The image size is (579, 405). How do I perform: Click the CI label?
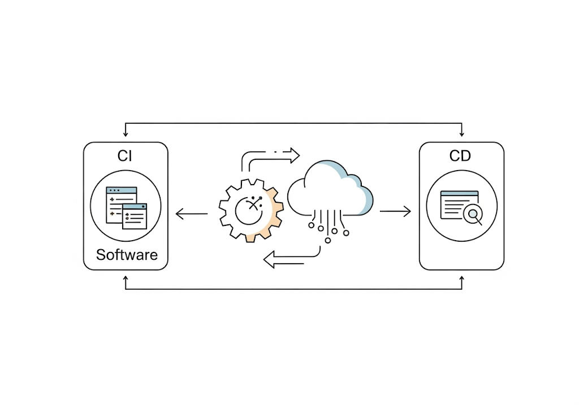click(x=125, y=156)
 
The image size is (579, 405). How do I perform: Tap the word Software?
click(x=127, y=254)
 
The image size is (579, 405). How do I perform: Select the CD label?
click(x=460, y=156)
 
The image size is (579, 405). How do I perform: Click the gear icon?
click(x=251, y=211)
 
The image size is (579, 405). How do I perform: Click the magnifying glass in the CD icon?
click(x=473, y=214)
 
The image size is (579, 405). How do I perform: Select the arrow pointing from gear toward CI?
click(x=192, y=214)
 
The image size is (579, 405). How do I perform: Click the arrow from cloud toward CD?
click(x=395, y=212)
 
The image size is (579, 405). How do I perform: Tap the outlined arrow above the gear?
click(x=271, y=156)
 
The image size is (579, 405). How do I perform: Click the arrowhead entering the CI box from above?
click(x=126, y=134)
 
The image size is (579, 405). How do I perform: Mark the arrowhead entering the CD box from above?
click(x=462, y=134)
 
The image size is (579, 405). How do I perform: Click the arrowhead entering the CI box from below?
click(x=126, y=279)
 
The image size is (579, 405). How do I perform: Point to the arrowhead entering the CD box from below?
click(x=462, y=279)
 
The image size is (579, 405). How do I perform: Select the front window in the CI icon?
click(x=135, y=217)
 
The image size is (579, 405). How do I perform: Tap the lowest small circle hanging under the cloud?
click(x=328, y=240)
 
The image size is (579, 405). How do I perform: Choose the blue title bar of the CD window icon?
click(x=459, y=194)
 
